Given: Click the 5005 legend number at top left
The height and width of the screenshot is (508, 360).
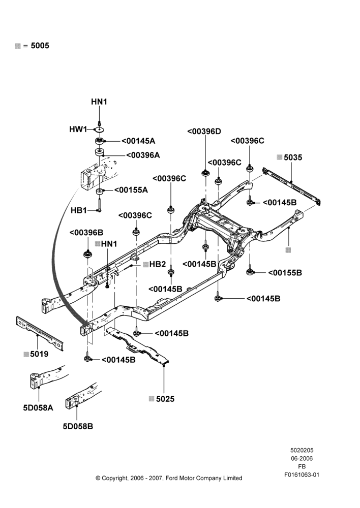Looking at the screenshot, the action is [x=40, y=46].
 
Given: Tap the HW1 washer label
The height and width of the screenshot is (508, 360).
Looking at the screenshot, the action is [x=78, y=130].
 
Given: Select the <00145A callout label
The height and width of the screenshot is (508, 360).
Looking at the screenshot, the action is [x=138, y=141].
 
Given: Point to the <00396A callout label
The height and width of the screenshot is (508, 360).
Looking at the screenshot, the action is [x=143, y=155].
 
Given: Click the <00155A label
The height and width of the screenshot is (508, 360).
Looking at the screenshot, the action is [x=131, y=190].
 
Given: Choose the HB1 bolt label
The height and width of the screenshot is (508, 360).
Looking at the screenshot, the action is [x=79, y=211].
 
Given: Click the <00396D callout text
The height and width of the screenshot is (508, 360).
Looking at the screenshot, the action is [x=204, y=131].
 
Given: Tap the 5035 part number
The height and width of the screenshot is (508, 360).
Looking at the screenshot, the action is [x=293, y=157].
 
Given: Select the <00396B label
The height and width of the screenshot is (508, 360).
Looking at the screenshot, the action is [x=86, y=233].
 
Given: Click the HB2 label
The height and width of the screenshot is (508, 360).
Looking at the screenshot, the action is [x=158, y=264].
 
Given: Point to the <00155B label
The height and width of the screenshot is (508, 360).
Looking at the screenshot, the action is [x=285, y=273].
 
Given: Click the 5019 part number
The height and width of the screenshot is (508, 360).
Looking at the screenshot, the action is [x=39, y=354].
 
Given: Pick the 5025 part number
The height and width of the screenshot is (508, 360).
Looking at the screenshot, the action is [x=165, y=399].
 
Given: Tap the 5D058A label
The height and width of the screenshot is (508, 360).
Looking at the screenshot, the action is [x=38, y=408].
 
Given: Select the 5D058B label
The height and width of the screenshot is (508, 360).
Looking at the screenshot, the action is [x=78, y=426].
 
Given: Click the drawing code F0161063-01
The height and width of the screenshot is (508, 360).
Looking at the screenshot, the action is [x=302, y=475].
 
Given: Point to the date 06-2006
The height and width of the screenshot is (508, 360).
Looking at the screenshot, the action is [x=302, y=458].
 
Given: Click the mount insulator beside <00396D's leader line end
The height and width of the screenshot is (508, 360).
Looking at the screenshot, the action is [x=205, y=172].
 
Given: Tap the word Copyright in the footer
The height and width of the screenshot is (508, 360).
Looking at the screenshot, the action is [x=114, y=478].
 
